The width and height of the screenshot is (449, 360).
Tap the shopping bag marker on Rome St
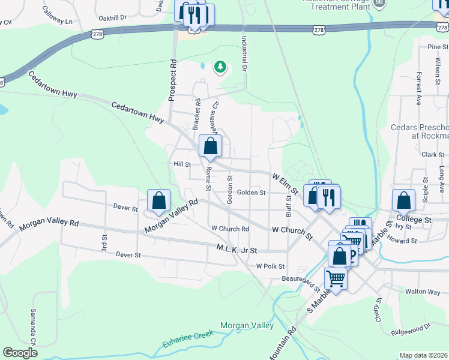coord(210,146)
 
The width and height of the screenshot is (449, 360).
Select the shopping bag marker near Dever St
coord(158,201)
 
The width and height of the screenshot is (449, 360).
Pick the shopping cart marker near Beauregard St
coord(336,278)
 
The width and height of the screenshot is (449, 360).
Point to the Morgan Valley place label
coord(247,326)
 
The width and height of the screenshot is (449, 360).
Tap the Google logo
coord(20,353)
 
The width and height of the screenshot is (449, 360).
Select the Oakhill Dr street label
coord(113,17)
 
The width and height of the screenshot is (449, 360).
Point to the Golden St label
coord(251,193)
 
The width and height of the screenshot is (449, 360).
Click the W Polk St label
coord(270,266)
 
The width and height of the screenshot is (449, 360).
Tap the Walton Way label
coord(423,292)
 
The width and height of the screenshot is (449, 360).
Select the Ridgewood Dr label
coord(411,328)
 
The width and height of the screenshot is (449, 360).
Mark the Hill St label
coord(182,164)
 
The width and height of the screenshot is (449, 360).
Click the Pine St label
coord(434,46)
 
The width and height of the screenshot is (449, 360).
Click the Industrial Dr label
coord(244,53)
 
